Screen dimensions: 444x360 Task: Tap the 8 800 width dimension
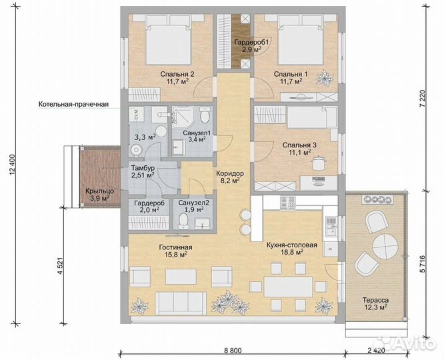pos(233,351)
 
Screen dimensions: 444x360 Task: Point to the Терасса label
pos(375,300)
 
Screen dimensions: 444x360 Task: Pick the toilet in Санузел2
pos(183,221)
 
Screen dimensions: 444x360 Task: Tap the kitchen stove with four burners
pos(287,203)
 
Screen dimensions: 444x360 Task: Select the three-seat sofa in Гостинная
pos(181,303)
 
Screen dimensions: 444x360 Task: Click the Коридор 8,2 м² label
pos(230,177)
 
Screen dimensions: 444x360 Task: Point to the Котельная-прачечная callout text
pos(73,104)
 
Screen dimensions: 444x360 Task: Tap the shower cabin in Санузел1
pos(182,115)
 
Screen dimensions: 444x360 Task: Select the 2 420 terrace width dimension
pos(376,351)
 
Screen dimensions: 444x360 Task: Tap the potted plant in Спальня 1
pos(323,77)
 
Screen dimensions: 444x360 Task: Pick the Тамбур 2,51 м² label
pos(143,171)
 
